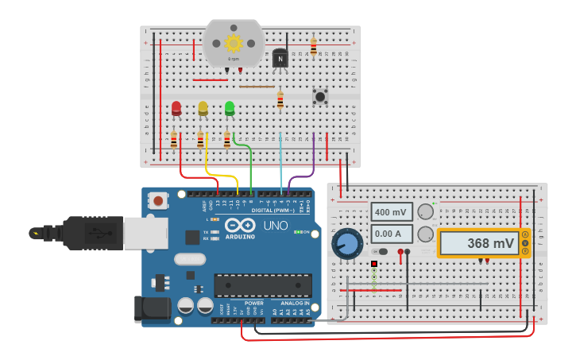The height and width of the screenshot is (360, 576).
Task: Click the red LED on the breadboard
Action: [176, 108]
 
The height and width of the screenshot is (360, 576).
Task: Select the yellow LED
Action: [203, 108]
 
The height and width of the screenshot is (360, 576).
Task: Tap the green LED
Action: [230, 107]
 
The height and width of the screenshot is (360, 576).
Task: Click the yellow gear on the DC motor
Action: [234, 43]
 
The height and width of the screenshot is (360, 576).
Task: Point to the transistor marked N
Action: [280, 59]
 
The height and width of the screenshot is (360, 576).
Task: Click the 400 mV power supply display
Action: [392, 212]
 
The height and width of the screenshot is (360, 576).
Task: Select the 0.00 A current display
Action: [392, 234]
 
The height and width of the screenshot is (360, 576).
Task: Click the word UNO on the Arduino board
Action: [275, 226]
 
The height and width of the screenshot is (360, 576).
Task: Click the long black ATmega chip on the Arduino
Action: [262, 285]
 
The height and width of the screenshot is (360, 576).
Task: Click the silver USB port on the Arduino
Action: [145, 233]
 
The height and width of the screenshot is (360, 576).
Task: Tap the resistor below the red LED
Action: [174, 141]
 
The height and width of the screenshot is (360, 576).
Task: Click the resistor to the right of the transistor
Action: [313, 47]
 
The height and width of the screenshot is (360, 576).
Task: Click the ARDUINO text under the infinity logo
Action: [239, 237]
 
